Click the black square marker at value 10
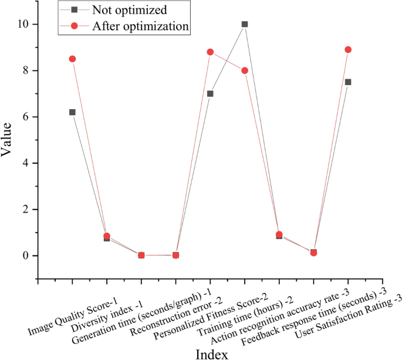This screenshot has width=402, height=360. [x=245, y=24]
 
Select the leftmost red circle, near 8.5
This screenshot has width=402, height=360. [x=72, y=59]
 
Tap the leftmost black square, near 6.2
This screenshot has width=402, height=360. [x=72, y=112]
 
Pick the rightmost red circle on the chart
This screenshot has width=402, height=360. [x=348, y=49]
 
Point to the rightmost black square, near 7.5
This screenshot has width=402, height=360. [x=348, y=82]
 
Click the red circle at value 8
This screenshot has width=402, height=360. [x=245, y=70]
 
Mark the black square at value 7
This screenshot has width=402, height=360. [x=210, y=93]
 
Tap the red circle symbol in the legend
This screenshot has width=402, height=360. [x=74, y=26]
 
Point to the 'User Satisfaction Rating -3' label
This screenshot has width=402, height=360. [x=340, y=316]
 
